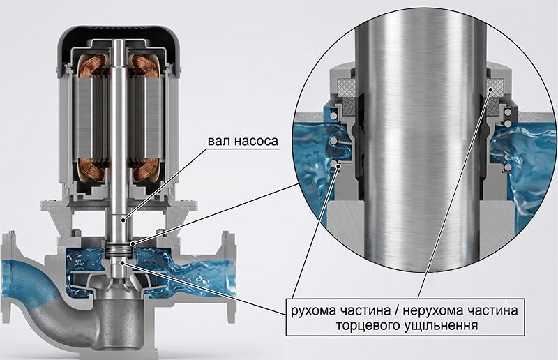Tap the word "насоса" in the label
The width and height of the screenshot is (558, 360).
click(x=257, y=142)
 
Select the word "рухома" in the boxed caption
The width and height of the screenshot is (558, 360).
click(x=313, y=311)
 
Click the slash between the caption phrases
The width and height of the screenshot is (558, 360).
click(x=394, y=311)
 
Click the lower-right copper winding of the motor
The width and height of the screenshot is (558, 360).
click(x=145, y=170)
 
